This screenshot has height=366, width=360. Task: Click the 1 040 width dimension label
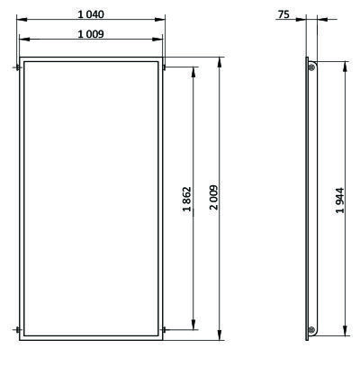pyautogui.click(x=91, y=14)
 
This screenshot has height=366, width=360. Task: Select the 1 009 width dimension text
pyautogui.click(x=91, y=34)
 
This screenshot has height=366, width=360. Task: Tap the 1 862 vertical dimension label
pyautogui.click(x=186, y=199)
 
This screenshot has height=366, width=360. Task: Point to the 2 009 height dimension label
pyautogui.click(x=214, y=197)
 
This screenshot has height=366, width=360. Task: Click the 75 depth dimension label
pyautogui.click(x=283, y=14)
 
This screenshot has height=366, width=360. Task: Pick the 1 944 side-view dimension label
pyautogui.click(x=339, y=201)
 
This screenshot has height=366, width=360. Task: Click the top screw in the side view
pyautogui.click(x=311, y=67)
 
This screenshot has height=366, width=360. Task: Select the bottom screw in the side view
pyautogui.click(x=311, y=330)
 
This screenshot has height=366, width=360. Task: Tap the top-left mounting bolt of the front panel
pyautogui.click(x=17, y=67)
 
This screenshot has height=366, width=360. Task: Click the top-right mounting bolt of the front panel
pyautogui.click(x=165, y=67)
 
